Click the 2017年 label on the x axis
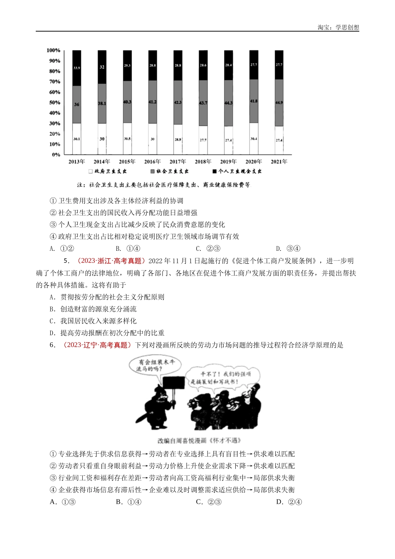point(178,162)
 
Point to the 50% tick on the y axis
point(54,103)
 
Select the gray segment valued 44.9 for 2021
point(279,103)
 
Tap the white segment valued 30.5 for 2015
point(127,139)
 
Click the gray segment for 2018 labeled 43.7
point(203,103)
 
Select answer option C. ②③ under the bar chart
point(205,249)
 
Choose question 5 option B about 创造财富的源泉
point(93,309)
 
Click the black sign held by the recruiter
point(173,385)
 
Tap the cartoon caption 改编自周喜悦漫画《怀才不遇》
point(199,441)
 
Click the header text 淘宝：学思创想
point(338,27)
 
